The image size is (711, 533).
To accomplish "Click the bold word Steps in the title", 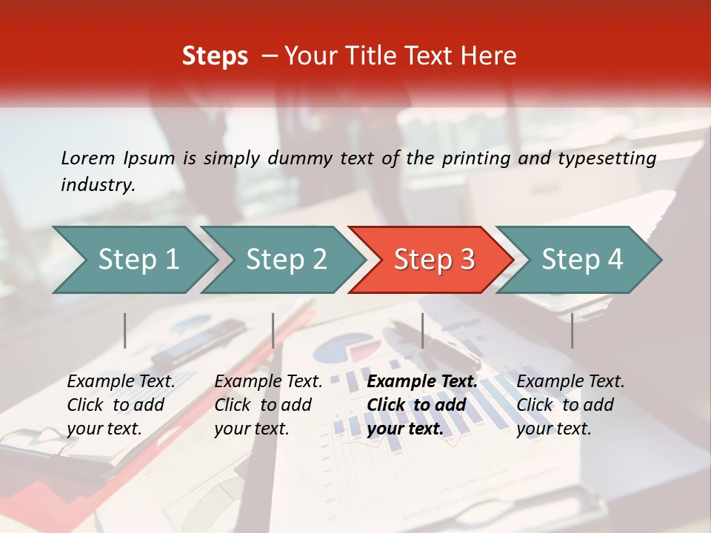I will click(215, 56).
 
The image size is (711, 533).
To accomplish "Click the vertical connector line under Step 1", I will click(125, 330).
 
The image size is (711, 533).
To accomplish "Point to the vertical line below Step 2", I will click(273, 330).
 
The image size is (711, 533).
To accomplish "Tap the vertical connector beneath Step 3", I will click(423, 330).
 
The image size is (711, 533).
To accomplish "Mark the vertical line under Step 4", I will click(572, 330).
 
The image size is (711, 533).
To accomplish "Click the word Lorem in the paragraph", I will click(88, 158).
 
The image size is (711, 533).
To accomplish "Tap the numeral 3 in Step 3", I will click(467, 260).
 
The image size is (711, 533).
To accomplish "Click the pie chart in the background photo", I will click(344, 348).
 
